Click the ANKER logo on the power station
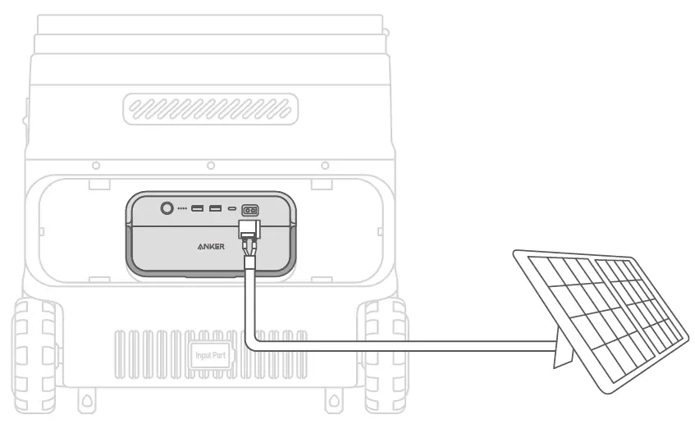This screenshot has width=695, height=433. coord(209,244)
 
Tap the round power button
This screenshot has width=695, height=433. coord(167,209)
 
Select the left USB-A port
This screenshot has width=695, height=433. coord(198,209)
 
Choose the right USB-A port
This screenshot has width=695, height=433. coord(215,209)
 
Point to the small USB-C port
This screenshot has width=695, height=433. coord(232,209)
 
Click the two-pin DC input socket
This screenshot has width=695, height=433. coord(249,210)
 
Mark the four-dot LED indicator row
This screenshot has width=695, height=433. coord(182,209)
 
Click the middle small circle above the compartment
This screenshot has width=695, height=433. coord(211,166)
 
